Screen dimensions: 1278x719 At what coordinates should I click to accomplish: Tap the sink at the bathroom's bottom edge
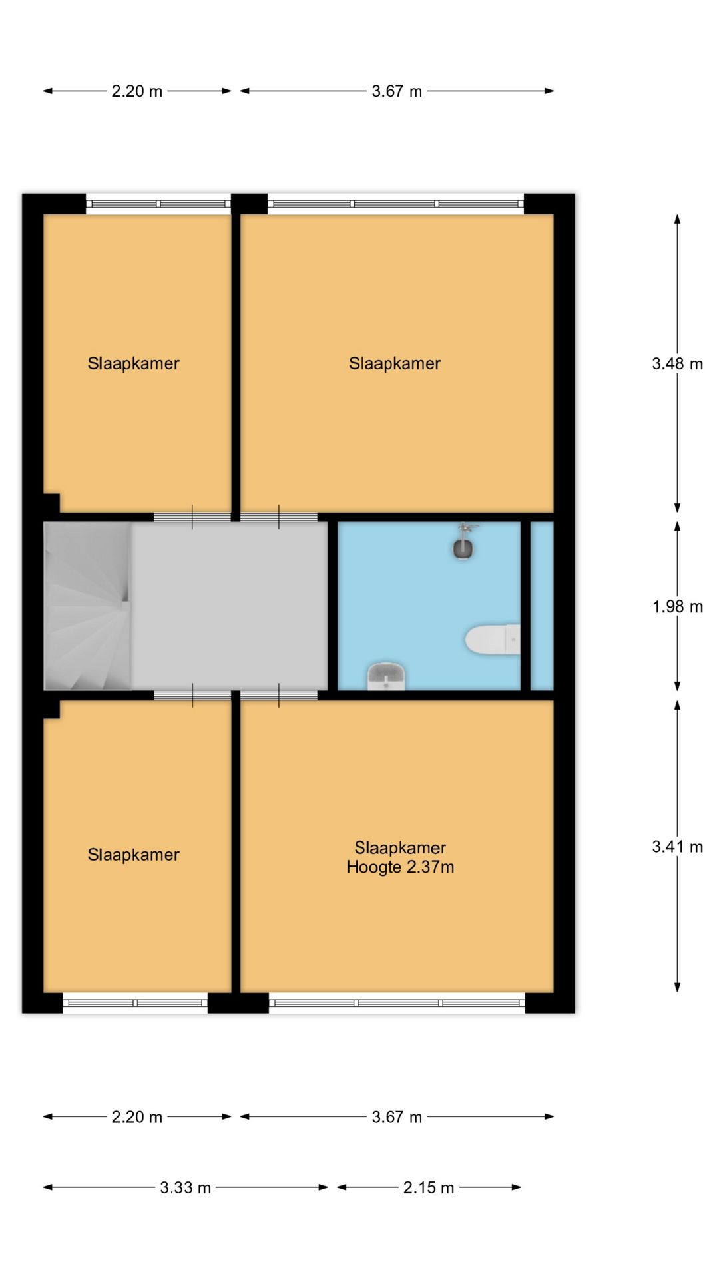tap(387, 676)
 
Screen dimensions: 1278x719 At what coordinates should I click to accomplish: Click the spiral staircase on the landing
tap(87, 606)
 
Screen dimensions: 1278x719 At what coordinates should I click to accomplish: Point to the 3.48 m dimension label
tap(677, 364)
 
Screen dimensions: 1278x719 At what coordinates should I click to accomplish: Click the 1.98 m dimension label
tap(677, 606)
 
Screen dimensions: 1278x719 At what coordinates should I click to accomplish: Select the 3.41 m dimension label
tap(677, 847)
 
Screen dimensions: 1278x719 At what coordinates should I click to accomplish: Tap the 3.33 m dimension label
tap(185, 1187)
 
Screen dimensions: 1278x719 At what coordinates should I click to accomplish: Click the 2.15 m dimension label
tap(428, 1187)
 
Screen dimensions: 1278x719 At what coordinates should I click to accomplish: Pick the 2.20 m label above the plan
tap(136, 91)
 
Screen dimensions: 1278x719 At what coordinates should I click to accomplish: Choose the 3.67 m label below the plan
tap(397, 1117)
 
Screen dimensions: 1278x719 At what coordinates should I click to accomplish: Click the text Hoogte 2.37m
tap(400, 867)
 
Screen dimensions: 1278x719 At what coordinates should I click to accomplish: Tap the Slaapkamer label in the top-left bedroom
tap(133, 363)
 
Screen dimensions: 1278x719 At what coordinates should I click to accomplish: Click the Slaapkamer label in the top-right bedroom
tap(395, 363)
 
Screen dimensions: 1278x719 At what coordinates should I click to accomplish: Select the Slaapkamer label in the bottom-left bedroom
tap(133, 855)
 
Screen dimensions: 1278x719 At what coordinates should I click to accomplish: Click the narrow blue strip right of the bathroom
tap(542, 606)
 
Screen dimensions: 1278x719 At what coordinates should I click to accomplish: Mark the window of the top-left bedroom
tap(158, 204)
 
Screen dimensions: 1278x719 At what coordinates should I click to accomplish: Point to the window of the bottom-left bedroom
tap(135, 1003)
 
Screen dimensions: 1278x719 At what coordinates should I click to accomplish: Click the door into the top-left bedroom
tap(192, 517)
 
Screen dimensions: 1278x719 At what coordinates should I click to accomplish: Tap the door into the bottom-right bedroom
tap(278, 696)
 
